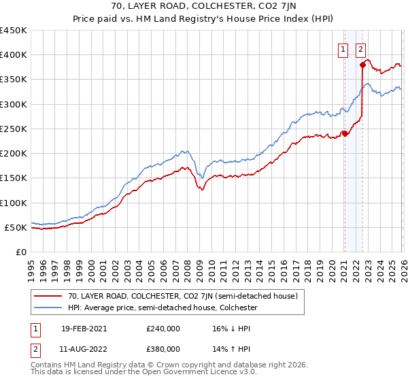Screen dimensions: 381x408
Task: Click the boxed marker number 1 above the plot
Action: [343, 49]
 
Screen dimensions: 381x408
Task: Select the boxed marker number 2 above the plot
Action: [360, 49]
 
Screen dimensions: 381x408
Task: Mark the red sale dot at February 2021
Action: [345, 133]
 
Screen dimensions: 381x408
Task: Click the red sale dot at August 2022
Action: [362, 65]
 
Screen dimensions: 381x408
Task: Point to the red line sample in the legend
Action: [49, 296]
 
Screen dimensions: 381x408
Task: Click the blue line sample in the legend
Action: [49, 308]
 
